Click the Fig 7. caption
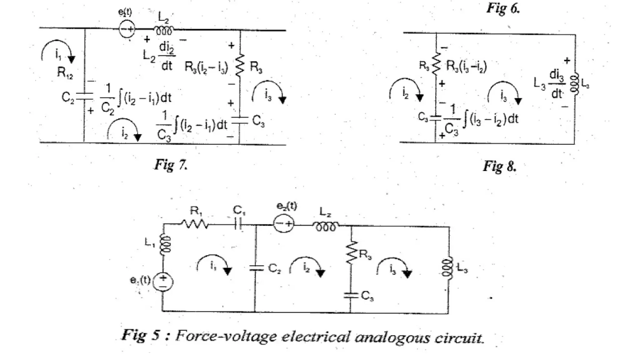pos(171,165)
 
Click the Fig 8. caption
pos(499,166)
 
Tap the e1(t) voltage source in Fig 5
pos(163,281)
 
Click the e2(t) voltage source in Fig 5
pos(283,224)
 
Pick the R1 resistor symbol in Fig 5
pos(195,224)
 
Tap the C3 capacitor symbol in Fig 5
pos(351,295)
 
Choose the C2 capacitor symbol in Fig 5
pos(256,268)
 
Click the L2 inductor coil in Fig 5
pos(326,226)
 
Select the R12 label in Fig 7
pos(65,73)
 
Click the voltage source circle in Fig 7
pos(127,29)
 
